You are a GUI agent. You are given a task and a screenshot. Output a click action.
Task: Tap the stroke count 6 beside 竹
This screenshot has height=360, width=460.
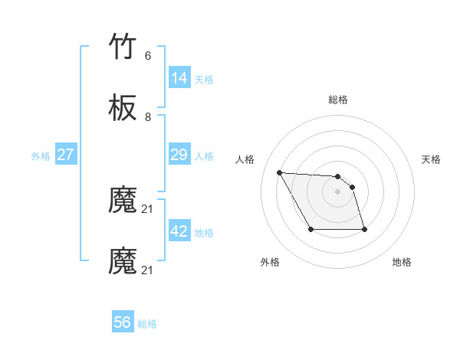[148, 56]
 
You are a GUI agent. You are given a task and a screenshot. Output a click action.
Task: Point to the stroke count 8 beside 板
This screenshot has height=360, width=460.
[148, 116]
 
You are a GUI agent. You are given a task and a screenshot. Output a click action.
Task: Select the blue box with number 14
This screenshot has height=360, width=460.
[179, 78]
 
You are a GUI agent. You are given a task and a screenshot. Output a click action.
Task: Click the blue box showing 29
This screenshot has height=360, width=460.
[179, 155]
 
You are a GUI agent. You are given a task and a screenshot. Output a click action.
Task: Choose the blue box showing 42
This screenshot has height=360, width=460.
[179, 231]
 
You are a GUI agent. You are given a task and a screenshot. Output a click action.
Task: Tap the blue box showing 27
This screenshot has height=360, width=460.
[66, 155]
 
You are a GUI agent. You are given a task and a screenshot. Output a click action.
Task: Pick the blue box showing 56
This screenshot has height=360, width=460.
[123, 323]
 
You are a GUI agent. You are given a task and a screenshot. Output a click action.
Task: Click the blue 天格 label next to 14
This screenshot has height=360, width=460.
[204, 79]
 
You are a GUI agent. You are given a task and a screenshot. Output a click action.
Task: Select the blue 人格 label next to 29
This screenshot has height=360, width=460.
[204, 155]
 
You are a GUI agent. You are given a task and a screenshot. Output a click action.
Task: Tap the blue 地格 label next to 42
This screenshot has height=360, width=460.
[204, 232]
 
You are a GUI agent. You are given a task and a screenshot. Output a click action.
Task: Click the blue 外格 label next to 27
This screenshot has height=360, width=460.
[41, 155]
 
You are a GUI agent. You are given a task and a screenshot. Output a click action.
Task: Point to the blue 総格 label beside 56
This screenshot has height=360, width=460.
[147, 324]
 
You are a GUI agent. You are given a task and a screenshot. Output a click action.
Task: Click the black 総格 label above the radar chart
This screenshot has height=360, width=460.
[338, 100]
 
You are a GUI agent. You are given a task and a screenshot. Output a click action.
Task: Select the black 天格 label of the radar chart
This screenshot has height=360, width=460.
[431, 159]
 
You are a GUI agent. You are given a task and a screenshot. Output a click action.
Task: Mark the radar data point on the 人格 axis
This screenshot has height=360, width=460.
[279, 172]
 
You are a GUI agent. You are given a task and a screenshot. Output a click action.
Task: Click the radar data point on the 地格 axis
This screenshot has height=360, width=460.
[363, 229]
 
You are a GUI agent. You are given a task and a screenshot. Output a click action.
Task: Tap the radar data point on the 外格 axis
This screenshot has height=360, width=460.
[310, 229]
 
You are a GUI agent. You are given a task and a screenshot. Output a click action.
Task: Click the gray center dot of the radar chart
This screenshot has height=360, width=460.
[338, 191]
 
